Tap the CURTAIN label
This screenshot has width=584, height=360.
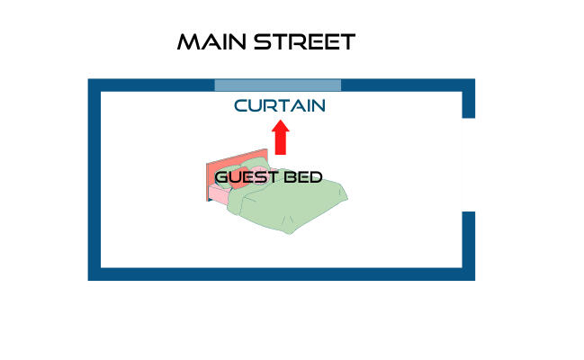[279, 106]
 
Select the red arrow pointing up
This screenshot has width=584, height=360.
[281, 140]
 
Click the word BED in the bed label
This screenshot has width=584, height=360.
[303, 176]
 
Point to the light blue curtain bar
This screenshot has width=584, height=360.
[278, 85]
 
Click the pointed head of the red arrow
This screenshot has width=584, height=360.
[281, 129]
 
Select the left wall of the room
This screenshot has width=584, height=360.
[94, 180]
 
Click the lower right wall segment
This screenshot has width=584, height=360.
[468, 243]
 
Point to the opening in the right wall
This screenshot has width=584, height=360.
[468, 165]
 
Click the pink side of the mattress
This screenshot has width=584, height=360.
[219, 195]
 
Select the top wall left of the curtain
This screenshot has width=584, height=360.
[153, 85]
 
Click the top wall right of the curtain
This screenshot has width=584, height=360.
[405, 85]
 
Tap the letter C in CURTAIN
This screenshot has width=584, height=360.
[240, 106]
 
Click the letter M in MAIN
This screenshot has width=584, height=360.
[188, 42]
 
